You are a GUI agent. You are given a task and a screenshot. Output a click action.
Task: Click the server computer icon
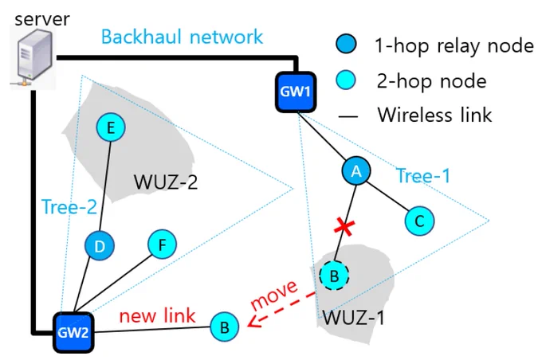pos(33,58)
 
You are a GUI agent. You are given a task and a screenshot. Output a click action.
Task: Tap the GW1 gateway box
pos(296,92)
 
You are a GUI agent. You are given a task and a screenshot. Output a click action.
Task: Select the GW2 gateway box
pos(73,332)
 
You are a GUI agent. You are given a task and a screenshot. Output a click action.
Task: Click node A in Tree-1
pos(356,170)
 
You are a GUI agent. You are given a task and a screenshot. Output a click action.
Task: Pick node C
pos(419,221)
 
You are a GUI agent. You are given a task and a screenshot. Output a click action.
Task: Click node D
pos(100,246)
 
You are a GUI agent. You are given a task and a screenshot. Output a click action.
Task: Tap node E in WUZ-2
pos(111,127)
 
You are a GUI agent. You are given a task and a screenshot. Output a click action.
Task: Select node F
pos(162,245)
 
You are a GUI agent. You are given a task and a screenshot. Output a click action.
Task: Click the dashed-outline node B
pos(334,276)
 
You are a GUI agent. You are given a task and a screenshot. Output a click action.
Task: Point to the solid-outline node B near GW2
pos(225,327)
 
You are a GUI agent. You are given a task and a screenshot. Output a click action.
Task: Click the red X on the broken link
pos(344,228)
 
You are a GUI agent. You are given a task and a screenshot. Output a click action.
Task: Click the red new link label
pos(157,315)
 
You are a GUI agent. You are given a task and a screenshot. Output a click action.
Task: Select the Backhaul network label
pos(183,37)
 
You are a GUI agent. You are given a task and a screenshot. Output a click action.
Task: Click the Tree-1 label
pos(423,175)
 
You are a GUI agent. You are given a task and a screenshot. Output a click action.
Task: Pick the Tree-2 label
pos(69,207)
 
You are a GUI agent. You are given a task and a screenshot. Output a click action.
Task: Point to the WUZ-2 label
pos(166,182)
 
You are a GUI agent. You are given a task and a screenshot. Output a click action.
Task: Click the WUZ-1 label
pos(353,318)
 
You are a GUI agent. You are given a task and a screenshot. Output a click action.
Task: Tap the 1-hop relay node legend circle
pos(346,44)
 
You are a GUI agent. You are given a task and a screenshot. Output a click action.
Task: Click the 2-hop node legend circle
pos(346,80)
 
